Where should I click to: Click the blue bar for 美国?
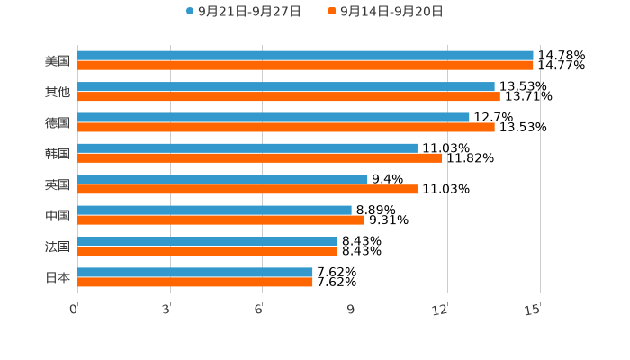[x=305, y=56]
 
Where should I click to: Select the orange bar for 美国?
[x=305, y=66]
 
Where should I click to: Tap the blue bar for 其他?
[x=286, y=86]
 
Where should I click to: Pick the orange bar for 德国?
[x=286, y=128]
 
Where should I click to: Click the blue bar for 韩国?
[x=247, y=148]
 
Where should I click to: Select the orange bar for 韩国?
[x=260, y=158]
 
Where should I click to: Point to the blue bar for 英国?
[x=222, y=179]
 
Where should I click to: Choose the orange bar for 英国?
[x=247, y=189]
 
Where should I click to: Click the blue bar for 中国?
[x=214, y=211]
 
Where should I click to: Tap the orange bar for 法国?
[x=207, y=251]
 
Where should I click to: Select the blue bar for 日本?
[x=195, y=272]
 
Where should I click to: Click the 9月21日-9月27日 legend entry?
[x=243, y=12]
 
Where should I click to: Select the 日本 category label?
[x=58, y=277]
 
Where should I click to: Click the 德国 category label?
[x=58, y=122]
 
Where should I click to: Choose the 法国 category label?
[x=58, y=247]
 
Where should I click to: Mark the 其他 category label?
[x=58, y=92]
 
